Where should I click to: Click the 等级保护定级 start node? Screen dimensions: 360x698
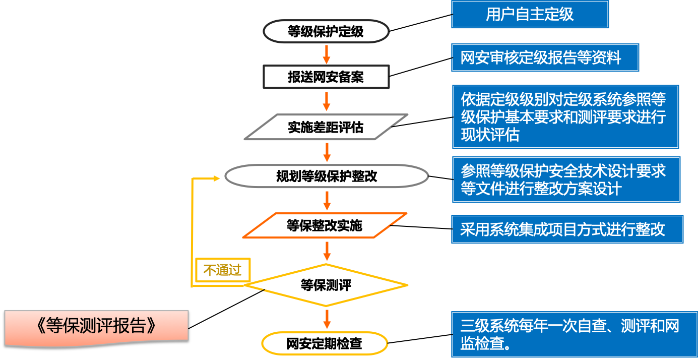coord(326,32)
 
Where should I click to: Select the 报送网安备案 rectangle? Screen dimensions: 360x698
coord(326,77)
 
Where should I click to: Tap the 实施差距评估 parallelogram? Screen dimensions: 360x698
coord(326,127)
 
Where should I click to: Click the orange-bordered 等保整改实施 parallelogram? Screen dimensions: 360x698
coord(325,225)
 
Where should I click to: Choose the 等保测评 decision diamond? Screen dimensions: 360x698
coord(326,285)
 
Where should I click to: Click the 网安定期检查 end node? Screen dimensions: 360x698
coord(325,344)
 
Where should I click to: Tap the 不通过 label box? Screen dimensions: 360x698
coord(223,270)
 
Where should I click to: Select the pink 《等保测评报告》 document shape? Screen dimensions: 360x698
coord(96,327)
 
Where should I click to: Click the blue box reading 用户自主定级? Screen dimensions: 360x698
coord(530,14)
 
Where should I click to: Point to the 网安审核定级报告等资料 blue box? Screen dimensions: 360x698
coord(545,57)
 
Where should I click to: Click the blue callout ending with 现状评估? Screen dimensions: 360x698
coord(565,117)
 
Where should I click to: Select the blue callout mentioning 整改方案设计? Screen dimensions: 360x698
coord(565,179)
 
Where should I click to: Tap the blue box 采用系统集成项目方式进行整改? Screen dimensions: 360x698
coord(567,229)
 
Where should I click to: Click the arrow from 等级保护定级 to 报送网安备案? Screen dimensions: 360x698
coord(327,54)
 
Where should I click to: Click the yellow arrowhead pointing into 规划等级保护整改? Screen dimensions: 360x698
coord(217,178)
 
